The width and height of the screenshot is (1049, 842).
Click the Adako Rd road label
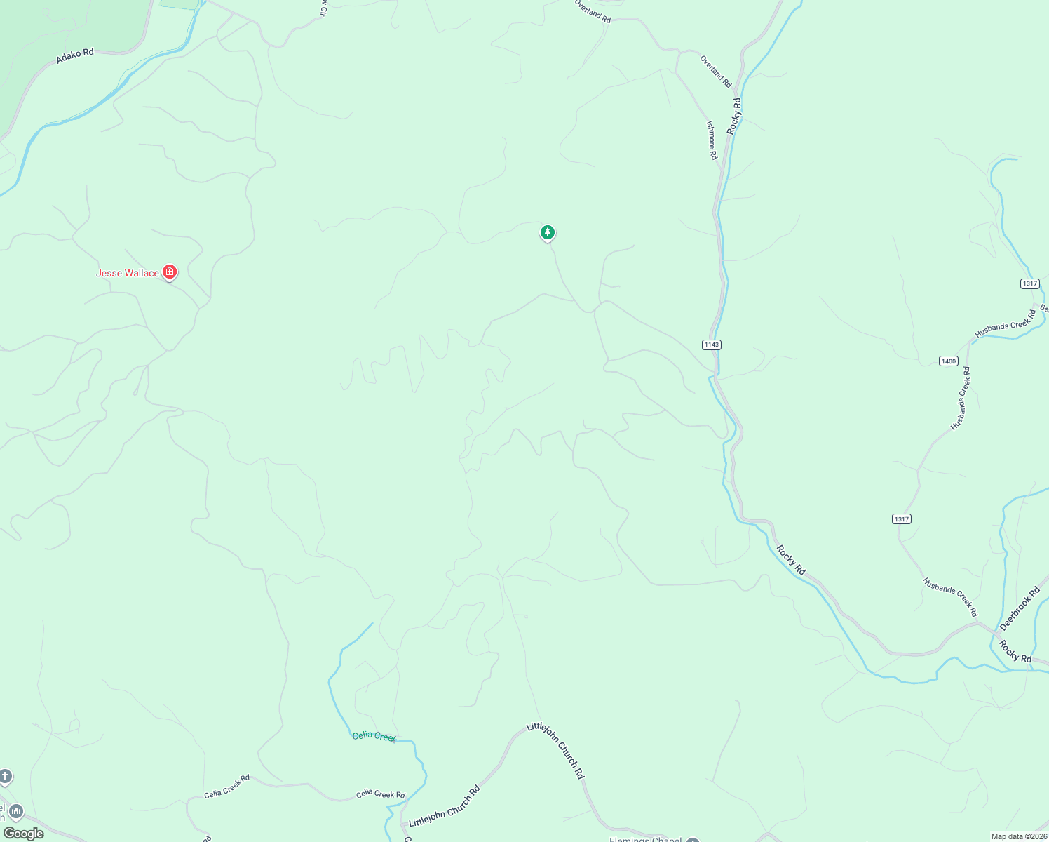click(x=75, y=55)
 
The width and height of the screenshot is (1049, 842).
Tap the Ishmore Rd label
click(x=712, y=140)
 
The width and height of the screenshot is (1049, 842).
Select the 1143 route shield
click(x=711, y=345)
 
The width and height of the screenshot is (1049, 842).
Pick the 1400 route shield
click(x=948, y=361)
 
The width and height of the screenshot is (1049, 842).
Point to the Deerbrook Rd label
click(x=1020, y=608)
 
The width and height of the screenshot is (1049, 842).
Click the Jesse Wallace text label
click(x=127, y=273)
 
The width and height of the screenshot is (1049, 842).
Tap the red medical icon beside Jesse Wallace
click(x=169, y=272)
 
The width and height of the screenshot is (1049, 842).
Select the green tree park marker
click(x=548, y=232)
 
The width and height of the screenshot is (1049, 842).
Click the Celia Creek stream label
click(x=374, y=736)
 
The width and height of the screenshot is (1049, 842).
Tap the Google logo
click(x=24, y=834)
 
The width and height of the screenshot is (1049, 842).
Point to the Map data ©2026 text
click(x=1019, y=836)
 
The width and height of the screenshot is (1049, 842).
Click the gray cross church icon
click(x=5, y=776)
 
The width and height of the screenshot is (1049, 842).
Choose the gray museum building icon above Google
click(x=15, y=812)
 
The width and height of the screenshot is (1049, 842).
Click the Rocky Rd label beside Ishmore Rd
click(x=734, y=116)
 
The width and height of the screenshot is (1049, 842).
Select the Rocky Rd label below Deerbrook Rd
click(x=1015, y=652)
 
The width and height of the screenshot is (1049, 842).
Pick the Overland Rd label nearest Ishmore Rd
click(x=715, y=72)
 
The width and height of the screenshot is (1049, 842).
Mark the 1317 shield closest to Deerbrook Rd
click(x=902, y=519)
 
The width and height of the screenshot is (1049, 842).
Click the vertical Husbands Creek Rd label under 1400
click(x=960, y=399)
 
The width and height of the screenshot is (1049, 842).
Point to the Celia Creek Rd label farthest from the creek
click(x=226, y=787)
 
